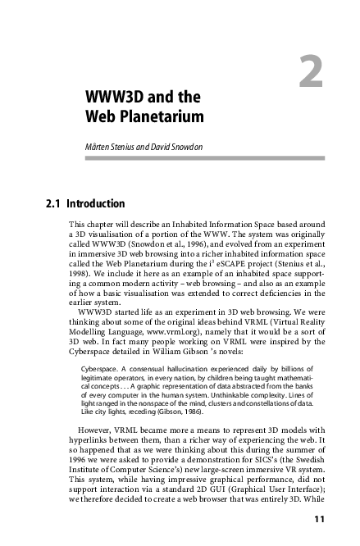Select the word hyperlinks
pyautogui.click(x=90, y=439)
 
